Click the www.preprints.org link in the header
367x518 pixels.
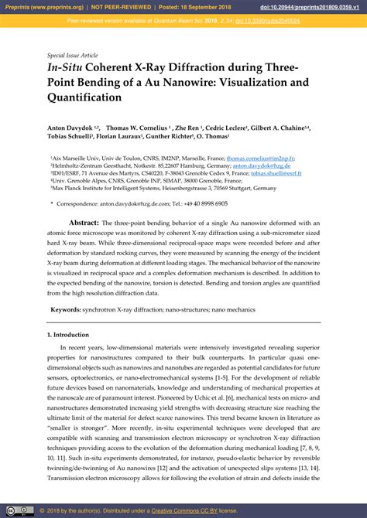click(x=63, y=5)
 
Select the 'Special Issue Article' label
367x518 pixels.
click(x=73, y=56)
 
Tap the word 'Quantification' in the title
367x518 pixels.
click(x=84, y=97)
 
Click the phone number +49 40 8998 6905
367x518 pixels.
click(x=203, y=203)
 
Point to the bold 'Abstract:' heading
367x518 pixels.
click(x=84, y=222)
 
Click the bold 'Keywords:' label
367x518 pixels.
click(x=65, y=309)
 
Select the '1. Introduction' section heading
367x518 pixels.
click(x=68, y=335)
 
